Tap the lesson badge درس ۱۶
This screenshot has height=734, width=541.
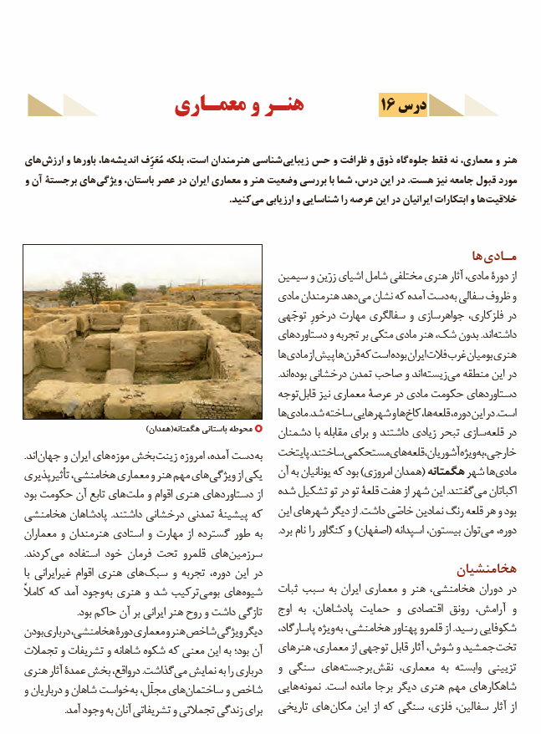pyautogui.click(x=407, y=105)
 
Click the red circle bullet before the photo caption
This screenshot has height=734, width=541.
pyautogui.click(x=258, y=429)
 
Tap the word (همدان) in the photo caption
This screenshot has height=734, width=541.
pyautogui.click(x=161, y=430)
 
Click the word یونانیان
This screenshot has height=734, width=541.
pyautogui.click(x=331, y=471)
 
